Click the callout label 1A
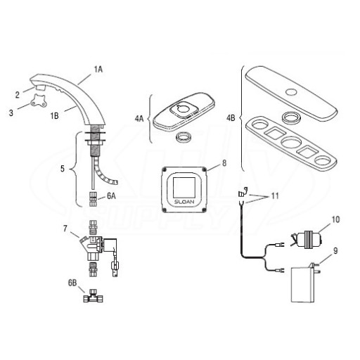[x=98, y=70]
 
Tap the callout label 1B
[x=55, y=115]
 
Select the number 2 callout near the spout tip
[x=17, y=95]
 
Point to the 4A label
[x=139, y=119]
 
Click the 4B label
[x=231, y=117]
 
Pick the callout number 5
[x=63, y=169]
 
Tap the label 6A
[x=111, y=196]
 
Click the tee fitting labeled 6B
[x=93, y=296]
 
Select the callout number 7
[x=65, y=229]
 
